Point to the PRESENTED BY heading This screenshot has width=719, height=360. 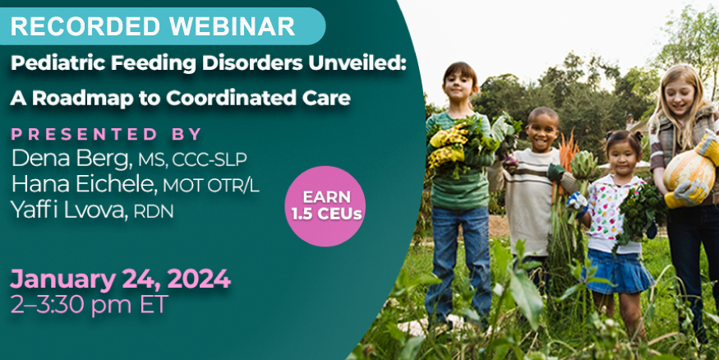pyautogui.click(x=106, y=134)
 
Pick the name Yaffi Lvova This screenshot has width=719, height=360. pyautogui.click(x=70, y=210)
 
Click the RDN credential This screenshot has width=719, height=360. pyautogui.click(x=154, y=211)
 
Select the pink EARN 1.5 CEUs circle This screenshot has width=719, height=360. pyautogui.click(x=325, y=206)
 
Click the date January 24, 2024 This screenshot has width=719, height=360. pyautogui.click(x=120, y=279)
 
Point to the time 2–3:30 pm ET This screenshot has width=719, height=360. pyautogui.click(x=90, y=303)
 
